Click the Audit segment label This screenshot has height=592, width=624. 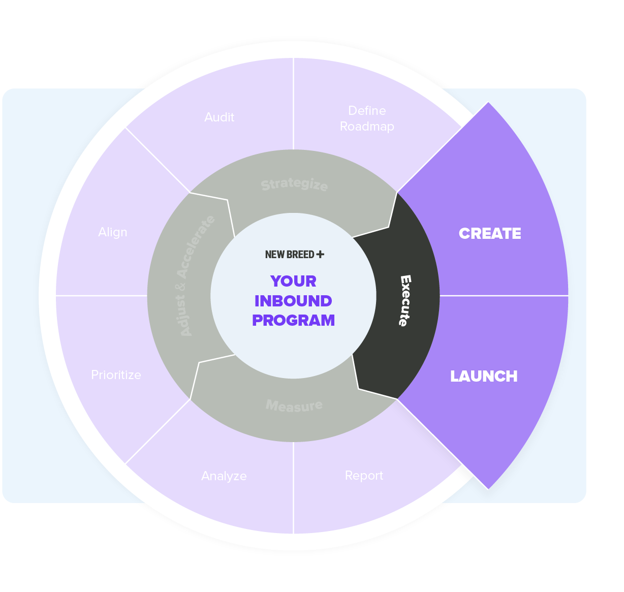point(219,117)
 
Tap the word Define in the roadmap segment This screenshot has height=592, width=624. point(367,111)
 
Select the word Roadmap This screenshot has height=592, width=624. point(367,127)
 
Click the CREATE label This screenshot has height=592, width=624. point(490,233)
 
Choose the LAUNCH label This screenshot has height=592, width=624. point(484,376)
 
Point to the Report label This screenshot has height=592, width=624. point(364,476)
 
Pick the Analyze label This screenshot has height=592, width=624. point(224,476)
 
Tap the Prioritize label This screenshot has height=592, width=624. point(116,375)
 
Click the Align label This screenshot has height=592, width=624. point(113,232)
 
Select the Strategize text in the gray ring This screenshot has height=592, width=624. point(294,184)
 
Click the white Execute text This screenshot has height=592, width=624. point(404,300)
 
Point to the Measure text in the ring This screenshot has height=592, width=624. point(294,406)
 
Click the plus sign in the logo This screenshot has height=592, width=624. point(320,254)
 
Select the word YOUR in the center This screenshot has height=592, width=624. point(293,281)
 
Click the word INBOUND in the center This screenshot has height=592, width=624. point(293,301)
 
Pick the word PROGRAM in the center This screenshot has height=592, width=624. point(293,320)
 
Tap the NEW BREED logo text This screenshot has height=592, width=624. point(290,255)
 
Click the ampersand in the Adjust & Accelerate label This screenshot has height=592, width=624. point(183,287)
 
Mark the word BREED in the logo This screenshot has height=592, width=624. point(301,255)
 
